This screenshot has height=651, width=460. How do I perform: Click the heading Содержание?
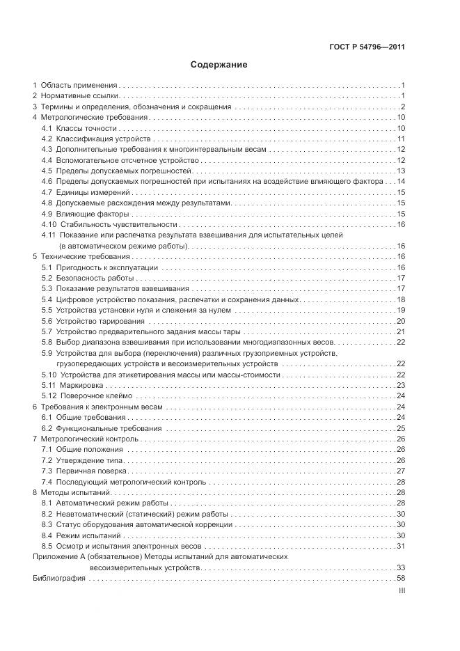pyautogui.click(x=219, y=65)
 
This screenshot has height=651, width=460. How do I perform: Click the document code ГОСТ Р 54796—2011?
pyautogui.click(x=367, y=47)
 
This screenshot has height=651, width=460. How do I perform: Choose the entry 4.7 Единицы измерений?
pyautogui.click(x=86, y=192)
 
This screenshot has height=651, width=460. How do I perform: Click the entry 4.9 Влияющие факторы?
pyautogui.click(x=85, y=214)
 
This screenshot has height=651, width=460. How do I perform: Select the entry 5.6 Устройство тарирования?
pyautogui.click(x=93, y=321)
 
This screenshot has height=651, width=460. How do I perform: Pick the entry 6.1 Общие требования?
pyautogui.click(x=83, y=417)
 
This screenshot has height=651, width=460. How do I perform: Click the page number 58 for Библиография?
pyautogui.click(x=400, y=579)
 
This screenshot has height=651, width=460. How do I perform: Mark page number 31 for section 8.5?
pyautogui.click(x=401, y=546)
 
